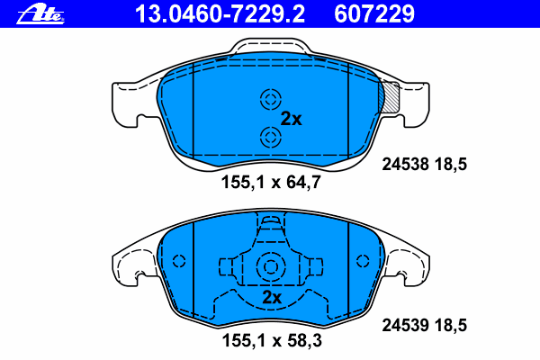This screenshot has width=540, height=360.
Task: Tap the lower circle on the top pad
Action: (x=269, y=137)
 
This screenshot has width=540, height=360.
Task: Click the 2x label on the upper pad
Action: (x=291, y=118)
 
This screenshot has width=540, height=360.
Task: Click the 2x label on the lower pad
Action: (x=272, y=297)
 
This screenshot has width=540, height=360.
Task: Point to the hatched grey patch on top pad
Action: (x=391, y=96)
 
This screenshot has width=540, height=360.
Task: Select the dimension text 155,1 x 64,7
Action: (x=271, y=182)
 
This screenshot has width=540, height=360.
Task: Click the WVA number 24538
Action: (x=403, y=165)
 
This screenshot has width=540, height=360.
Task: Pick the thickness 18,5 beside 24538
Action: (x=453, y=165)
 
